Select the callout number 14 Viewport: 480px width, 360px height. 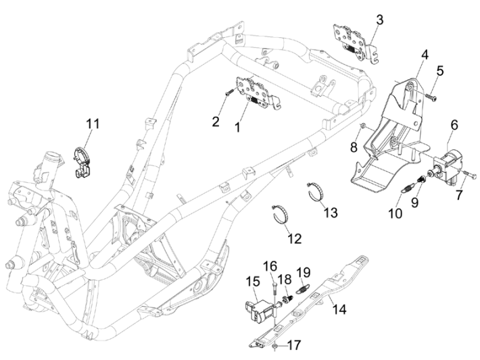pyautogui.click(x=339, y=309)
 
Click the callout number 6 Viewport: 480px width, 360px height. pyautogui.click(x=454, y=125)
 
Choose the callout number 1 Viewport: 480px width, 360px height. pyautogui.click(x=218, y=126)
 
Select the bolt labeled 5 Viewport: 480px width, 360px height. pyautogui.click(x=431, y=99)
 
